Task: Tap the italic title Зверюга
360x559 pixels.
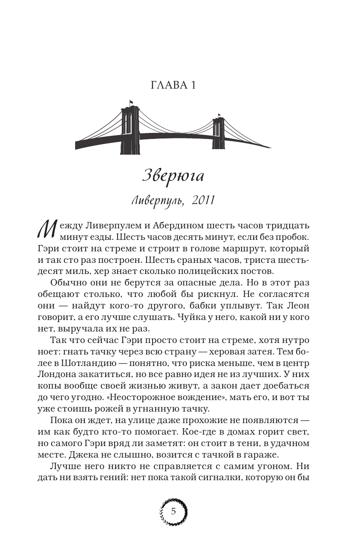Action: click(173, 175)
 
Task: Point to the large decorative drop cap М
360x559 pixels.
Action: click(46, 229)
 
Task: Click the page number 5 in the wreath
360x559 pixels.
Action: click(173, 511)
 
